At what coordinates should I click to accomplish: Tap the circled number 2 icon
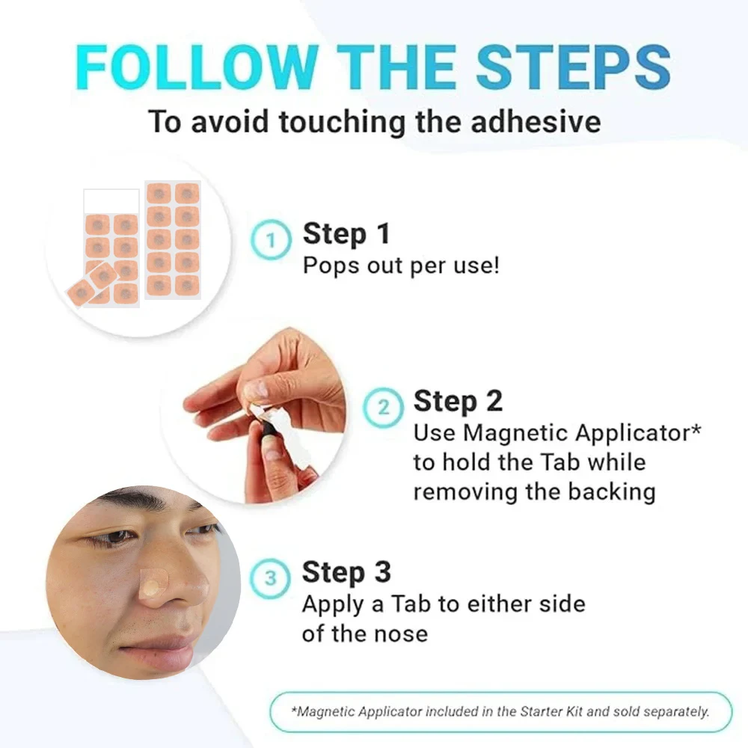tap(383, 408)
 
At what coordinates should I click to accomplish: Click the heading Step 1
tap(346, 234)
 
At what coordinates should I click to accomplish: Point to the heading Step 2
tap(458, 402)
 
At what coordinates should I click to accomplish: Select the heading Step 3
tap(346, 572)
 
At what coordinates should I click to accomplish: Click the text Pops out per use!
tap(400, 266)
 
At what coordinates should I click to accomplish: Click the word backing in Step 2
tap(610, 491)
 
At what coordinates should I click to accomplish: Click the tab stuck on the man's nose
tap(153, 582)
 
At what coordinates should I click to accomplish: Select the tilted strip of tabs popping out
tap(91, 284)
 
